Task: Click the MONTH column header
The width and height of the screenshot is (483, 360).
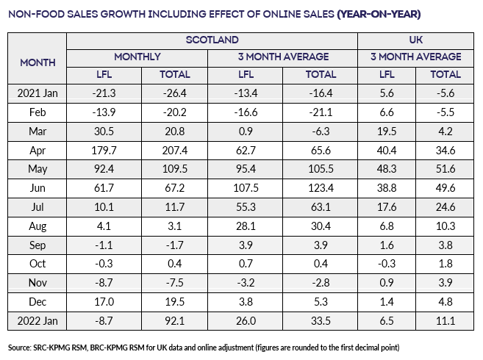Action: (37, 63)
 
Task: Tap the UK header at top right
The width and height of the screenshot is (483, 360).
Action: (419, 40)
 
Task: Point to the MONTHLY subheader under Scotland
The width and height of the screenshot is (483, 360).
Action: (137, 57)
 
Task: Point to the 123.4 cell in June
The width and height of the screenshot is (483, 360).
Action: (321, 188)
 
